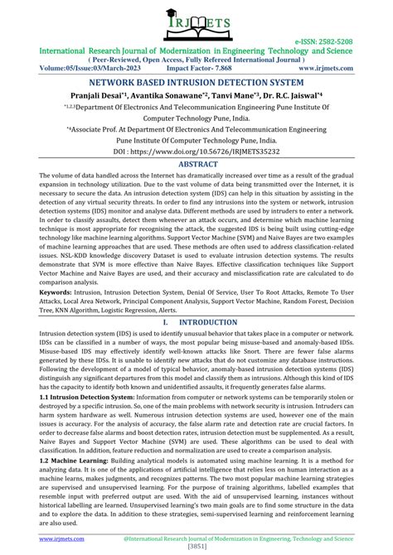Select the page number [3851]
pos(196,548)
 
